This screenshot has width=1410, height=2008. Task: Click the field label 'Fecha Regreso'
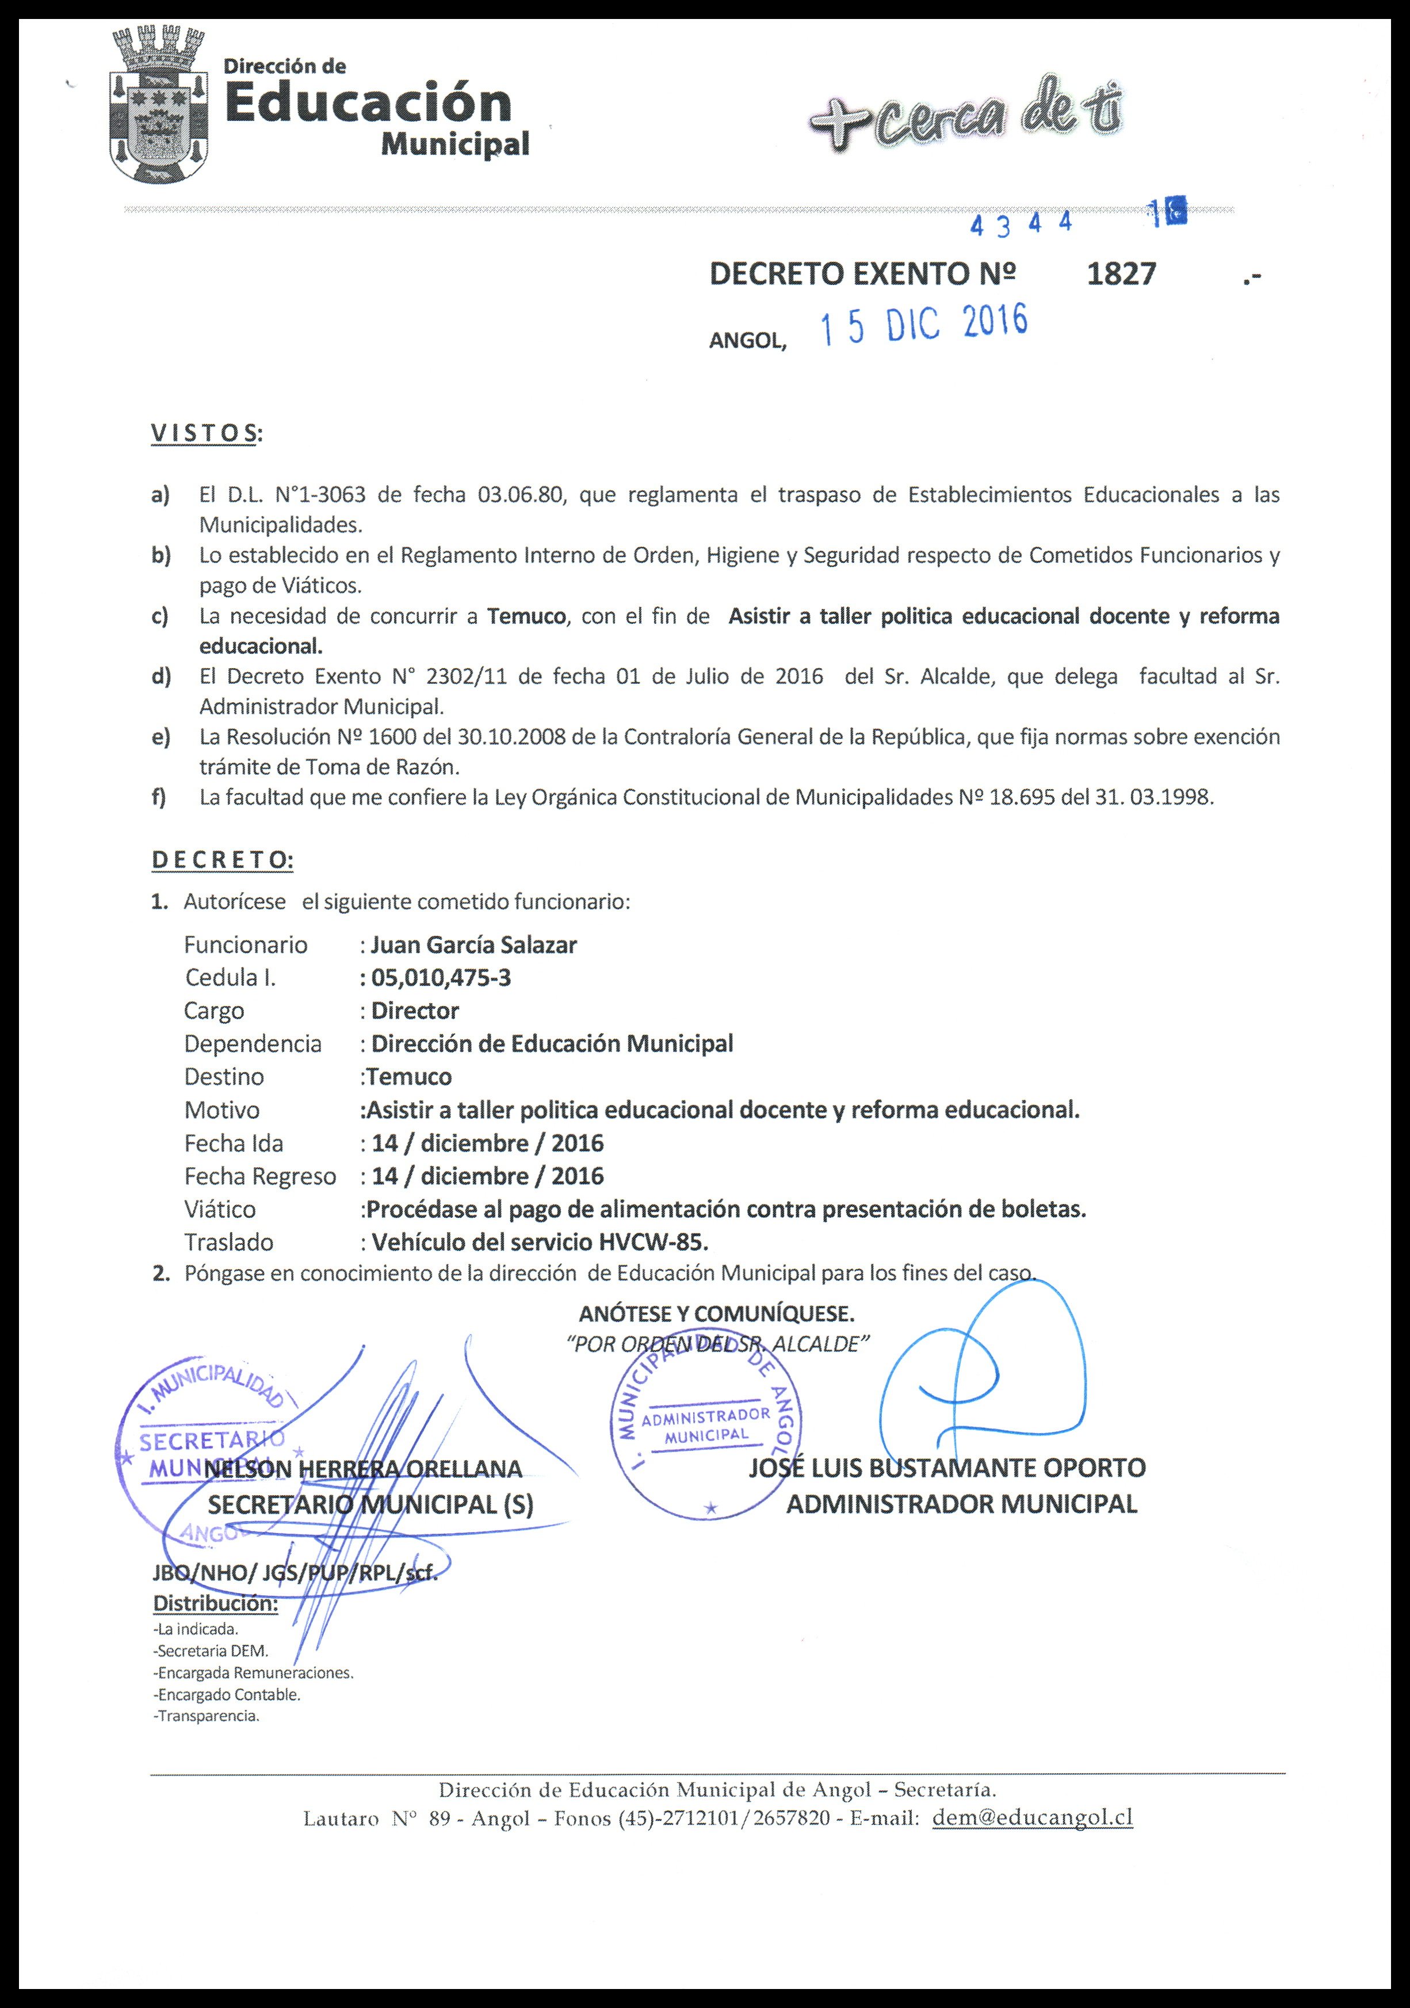pyautogui.click(x=259, y=1176)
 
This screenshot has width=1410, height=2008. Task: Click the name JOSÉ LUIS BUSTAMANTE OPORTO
pyautogui.click(x=947, y=1468)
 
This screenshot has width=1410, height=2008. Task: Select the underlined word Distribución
pyautogui.click(x=216, y=1604)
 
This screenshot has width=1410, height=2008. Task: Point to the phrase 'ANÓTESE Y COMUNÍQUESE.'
pyautogui.click(x=716, y=1313)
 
